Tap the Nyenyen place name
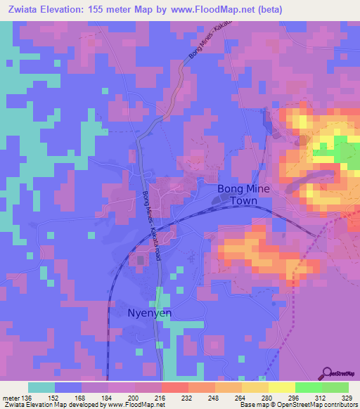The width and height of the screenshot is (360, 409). (148, 313)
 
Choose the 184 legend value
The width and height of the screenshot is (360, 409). (108, 398)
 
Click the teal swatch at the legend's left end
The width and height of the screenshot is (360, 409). (41, 387)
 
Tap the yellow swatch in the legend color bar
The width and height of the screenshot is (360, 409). (281, 387)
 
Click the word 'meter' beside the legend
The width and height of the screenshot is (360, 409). (10, 398)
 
